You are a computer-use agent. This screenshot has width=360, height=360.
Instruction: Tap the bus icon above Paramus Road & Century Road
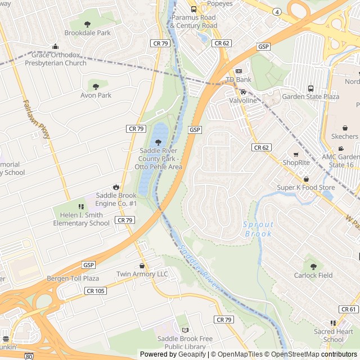(193, 9)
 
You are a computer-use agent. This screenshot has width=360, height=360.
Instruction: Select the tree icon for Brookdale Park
(87, 24)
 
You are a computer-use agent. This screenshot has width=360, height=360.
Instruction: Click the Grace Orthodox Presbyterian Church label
(56, 59)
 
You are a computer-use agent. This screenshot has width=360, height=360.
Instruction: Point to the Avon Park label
(96, 96)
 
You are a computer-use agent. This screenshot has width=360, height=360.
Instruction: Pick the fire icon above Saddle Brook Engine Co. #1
(116, 187)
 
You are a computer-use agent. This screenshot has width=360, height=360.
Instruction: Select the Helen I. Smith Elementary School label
(82, 219)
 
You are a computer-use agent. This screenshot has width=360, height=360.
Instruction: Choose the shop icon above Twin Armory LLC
(142, 265)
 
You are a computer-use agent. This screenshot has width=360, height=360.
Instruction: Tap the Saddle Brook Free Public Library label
(185, 343)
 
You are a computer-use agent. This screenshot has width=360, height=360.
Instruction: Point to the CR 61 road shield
(348, 309)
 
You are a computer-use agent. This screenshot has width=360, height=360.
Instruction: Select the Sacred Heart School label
(333, 335)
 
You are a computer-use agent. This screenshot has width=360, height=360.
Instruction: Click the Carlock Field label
(313, 275)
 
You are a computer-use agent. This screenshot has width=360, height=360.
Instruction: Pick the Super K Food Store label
(305, 187)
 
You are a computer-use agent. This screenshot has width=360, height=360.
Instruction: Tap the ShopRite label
(296, 163)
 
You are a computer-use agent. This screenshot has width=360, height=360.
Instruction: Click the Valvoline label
(243, 100)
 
